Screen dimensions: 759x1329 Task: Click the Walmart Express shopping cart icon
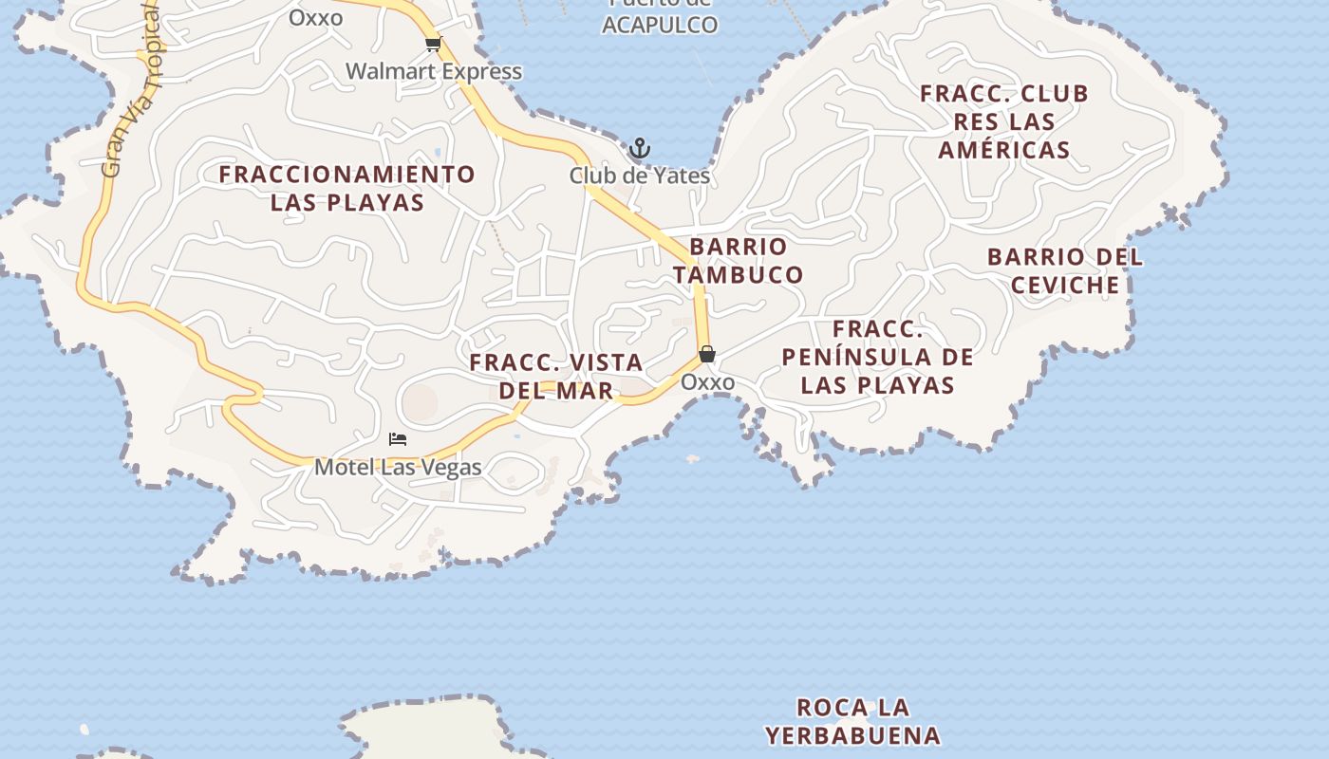coord(434,44)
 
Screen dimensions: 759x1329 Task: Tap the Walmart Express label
coord(434,71)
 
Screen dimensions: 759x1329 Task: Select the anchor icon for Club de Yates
coord(640,149)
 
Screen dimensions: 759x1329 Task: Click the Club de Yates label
coord(640,176)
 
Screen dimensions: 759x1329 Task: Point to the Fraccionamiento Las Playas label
coord(347,188)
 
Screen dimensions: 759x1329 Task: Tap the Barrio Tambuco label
coord(738,261)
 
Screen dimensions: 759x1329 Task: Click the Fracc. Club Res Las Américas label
coord(1004,121)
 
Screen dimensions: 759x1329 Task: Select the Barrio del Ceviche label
coord(1065,270)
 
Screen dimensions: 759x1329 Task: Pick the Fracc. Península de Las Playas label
coord(877,357)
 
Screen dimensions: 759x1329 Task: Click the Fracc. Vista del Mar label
coord(556,376)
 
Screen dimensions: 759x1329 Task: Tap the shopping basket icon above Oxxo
coord(707,354)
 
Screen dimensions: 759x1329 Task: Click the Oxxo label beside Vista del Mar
coord(707,381)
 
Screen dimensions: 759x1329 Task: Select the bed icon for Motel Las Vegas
coord(398,439)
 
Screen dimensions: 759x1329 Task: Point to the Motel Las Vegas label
coord(398,467)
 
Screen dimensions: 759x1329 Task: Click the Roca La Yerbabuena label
coord(852,721)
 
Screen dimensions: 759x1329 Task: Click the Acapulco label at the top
coord(660,25)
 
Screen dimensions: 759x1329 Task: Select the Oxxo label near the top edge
coord(315,17)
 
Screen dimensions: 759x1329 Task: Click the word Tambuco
coord(738,275)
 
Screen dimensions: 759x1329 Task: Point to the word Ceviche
coord(1065,285)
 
